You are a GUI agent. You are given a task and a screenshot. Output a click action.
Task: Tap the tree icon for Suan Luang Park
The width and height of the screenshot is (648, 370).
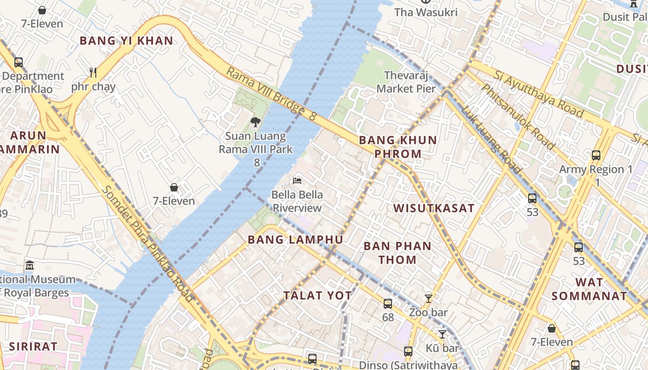pos(255,122)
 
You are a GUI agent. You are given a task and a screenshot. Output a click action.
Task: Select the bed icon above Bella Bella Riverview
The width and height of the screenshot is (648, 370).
pos(297,180)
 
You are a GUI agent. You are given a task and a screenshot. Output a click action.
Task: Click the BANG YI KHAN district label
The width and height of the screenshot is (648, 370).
pos(126,41)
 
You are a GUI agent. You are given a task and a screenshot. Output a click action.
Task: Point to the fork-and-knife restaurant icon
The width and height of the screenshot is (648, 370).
pos(93,72)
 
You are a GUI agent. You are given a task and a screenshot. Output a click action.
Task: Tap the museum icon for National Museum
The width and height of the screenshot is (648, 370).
pos(30,265)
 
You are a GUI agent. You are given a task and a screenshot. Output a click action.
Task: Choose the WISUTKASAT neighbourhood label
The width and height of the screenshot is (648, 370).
pos(434,208)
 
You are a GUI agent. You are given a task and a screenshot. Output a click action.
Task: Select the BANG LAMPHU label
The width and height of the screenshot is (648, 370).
pos(295,240)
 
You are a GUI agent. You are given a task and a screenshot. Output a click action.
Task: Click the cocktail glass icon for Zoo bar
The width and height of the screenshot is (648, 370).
pos(429,299)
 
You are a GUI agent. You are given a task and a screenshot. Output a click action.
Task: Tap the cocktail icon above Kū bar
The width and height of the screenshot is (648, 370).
pos(442,334)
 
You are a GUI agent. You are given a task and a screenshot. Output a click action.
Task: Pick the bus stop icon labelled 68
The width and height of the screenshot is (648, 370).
pos(388,304)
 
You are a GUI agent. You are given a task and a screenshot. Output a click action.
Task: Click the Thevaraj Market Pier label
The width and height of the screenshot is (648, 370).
pos(406,82)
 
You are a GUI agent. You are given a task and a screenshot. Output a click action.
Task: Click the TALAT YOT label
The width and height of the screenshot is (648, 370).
pos(318,296)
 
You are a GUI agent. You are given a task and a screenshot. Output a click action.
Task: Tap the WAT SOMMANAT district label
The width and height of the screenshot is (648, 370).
pos(589,289)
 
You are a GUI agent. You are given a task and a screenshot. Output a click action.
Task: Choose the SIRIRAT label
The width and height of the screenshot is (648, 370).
pos(33,346)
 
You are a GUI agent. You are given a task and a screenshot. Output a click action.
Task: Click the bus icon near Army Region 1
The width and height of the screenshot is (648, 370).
pos(596,155)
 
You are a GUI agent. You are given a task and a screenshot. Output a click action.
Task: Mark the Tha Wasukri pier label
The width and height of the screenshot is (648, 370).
pos(426,12)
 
